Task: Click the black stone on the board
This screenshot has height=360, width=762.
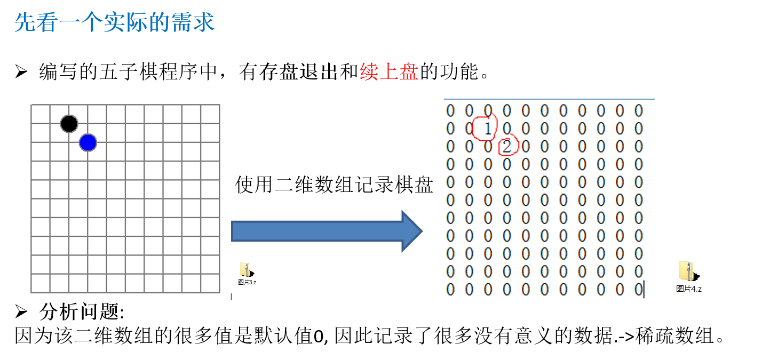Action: (x=69, y=124)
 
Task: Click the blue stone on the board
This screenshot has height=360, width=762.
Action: (x=88, y=142)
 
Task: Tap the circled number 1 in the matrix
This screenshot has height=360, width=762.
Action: (x=488, y=129)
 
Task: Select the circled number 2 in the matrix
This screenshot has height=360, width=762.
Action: (x=507, y=146)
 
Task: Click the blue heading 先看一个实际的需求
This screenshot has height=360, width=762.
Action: (x=115, y=23)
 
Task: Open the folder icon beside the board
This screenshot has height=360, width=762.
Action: (x=245, y=270)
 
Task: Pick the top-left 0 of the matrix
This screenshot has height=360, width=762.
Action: (x=450, y=111)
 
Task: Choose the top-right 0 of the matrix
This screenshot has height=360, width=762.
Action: (x=639, y=111)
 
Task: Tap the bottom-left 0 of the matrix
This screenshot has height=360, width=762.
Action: (x=450, y=290)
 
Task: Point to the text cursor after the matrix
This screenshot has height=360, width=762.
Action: (x=644, y=290)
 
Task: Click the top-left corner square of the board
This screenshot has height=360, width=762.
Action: (x=41, y=114)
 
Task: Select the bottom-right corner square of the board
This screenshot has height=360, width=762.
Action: (x=210, y=283)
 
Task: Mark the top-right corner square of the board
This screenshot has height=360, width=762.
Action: (x=210, y=114)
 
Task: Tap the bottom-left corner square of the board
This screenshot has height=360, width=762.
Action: (x=41, y=283)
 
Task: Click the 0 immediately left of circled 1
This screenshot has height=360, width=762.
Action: (x=469, y=129)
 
